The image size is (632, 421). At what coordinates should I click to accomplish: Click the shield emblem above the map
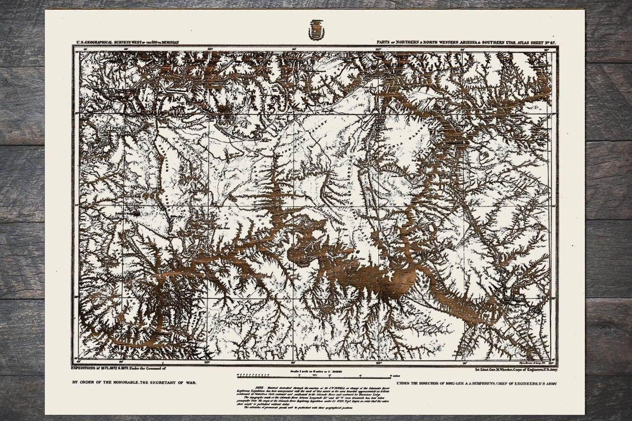(316, 32)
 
